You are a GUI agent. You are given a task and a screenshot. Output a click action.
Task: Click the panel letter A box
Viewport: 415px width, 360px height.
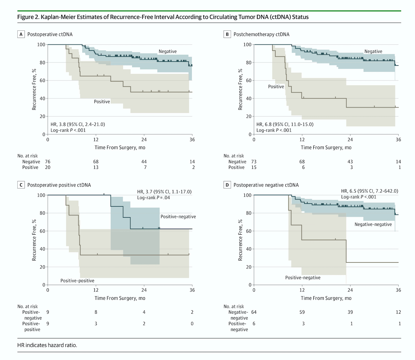click(21, 34)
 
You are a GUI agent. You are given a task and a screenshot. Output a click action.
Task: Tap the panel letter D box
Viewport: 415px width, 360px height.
click(227, 185)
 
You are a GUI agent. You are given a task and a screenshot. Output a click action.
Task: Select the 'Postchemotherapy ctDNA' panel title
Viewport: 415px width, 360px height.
click(261, 34)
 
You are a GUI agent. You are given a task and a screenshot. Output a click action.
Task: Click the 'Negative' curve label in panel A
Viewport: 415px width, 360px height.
click(167, 51)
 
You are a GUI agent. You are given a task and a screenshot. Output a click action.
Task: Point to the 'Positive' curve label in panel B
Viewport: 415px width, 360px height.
click(276, 86)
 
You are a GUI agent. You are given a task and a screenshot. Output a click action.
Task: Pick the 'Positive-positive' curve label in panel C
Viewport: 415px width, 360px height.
click(77, 281)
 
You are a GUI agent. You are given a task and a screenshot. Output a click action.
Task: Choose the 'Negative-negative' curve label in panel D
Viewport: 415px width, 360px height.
click(373, 224)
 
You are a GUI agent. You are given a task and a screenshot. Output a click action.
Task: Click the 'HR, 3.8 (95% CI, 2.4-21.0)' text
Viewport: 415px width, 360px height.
click(77, 124)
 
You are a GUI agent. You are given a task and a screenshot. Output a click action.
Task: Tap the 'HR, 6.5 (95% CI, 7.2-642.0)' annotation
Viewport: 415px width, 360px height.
click(369, 191)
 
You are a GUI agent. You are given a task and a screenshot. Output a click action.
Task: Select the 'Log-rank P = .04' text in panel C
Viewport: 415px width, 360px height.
click(154, 198)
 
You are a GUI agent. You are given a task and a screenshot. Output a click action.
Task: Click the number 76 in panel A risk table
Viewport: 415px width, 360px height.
click(48, 161)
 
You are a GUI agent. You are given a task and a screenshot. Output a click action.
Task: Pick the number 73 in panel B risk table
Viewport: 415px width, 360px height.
click(254, 161)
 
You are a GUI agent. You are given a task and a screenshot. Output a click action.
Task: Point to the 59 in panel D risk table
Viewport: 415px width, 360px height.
click(302, 312)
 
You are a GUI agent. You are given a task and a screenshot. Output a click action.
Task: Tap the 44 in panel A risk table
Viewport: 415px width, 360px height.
click(144, 161)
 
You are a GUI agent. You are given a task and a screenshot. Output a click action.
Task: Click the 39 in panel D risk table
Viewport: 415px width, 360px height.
click(350, 312)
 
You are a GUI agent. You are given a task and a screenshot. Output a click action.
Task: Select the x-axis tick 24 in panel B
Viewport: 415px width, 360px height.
click(350, 140)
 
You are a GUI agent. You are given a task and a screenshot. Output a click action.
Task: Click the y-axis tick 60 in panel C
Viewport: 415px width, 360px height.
click(42, 231)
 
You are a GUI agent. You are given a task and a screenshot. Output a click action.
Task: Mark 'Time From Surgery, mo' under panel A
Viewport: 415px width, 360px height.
click(120, 148)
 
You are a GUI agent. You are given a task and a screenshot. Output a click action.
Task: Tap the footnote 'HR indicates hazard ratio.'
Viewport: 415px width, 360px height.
click(47, 345)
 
